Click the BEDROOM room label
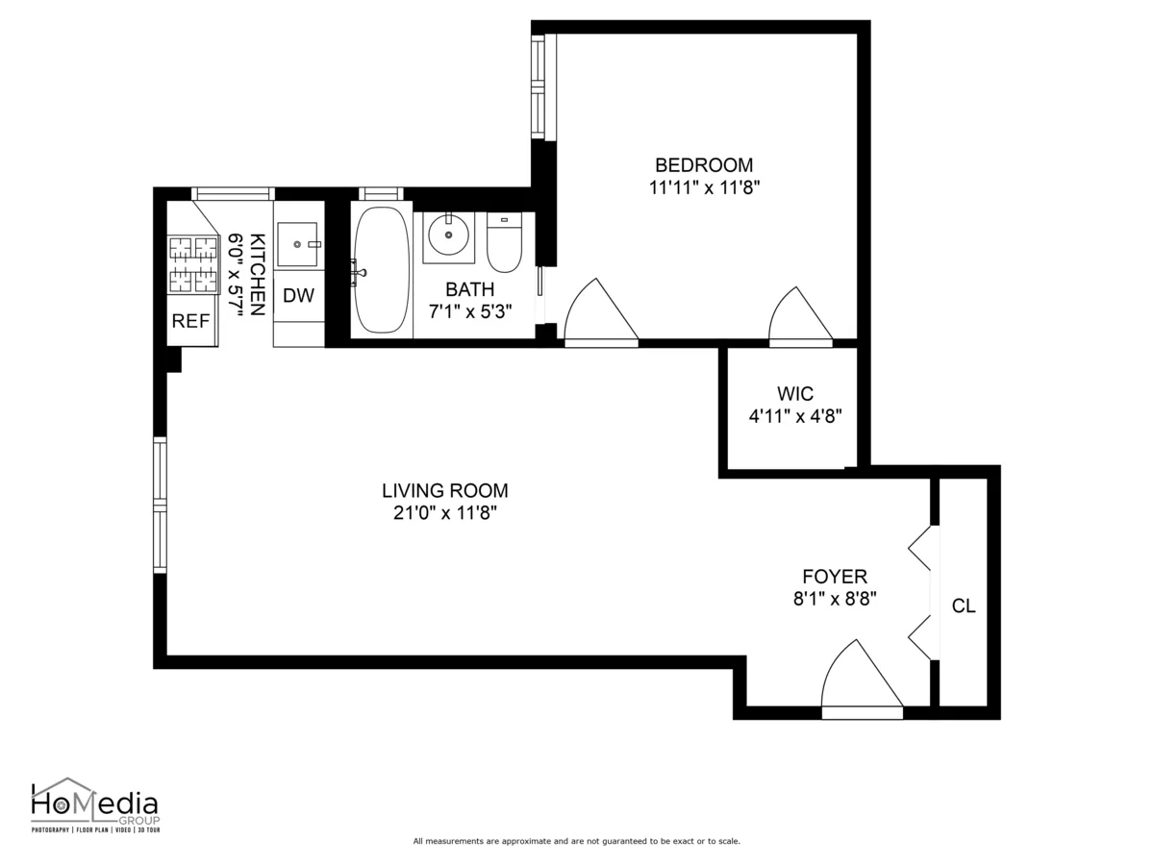coord(704,165)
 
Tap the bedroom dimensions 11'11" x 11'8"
coord(704,188)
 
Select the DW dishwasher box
coord(298,296)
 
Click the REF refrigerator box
coord(190,322)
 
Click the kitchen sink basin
coord(297,244)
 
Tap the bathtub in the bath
coord(381,270)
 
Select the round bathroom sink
coord(448,235)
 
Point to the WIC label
coord(795,394)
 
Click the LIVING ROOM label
coord(444,490)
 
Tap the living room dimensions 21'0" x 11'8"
coord(444,513)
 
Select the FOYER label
coord(835,577)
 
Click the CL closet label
coord(963,606)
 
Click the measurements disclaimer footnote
coord(576,841)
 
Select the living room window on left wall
coord(161,505)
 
